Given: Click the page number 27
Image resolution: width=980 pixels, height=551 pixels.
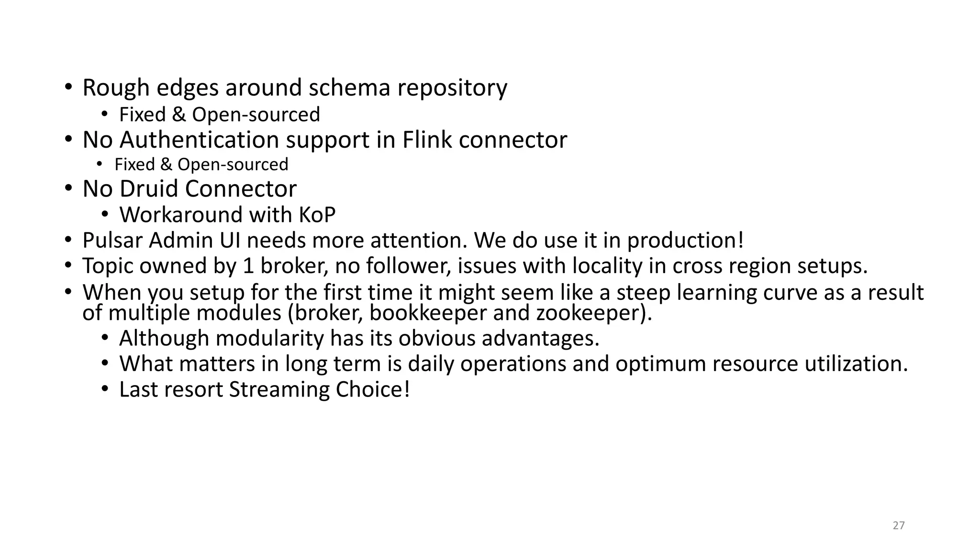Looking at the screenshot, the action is click(x=899, y=526).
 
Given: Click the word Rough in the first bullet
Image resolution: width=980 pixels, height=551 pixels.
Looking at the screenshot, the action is click(x=116, y=88).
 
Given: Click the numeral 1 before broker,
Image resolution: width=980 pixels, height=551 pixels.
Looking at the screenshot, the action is click(x=248, y=266).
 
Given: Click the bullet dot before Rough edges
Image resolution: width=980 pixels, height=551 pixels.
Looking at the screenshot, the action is click(x=68, y=88).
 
